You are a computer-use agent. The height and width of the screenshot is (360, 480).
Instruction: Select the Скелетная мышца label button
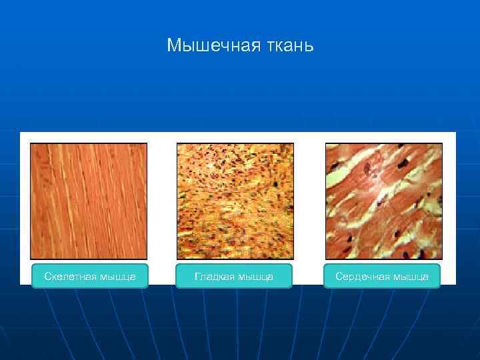click(90, 276)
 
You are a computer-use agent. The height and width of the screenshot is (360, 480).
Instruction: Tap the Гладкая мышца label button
click(234, 276)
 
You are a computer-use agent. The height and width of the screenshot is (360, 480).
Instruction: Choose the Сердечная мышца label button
click(382, 276)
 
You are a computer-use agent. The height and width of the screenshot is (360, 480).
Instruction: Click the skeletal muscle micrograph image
click(89, 201)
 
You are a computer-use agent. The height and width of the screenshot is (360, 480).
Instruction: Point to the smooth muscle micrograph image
click(235, 201)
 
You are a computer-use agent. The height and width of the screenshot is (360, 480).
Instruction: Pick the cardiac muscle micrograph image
click(383, 201)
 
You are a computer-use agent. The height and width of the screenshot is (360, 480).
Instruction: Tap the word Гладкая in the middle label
click(215, 276)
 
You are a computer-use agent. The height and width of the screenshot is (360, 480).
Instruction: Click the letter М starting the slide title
click(173, 45)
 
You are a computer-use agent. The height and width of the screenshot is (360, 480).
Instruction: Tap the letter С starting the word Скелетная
click(47, 276)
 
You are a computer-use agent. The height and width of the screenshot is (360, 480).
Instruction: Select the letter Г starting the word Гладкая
click(197, 276)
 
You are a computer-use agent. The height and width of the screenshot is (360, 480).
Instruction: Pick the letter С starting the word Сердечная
click(339, 276)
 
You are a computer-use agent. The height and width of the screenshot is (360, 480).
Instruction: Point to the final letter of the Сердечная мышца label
click(425, 277)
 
